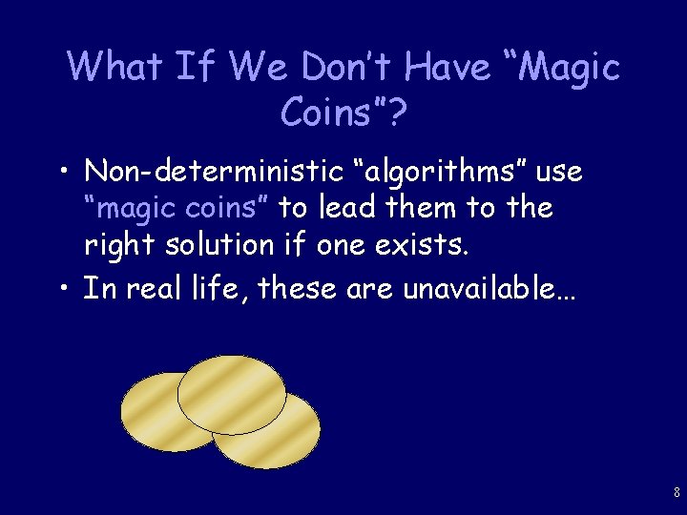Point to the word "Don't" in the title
(351, 68)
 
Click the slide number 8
(677, 493)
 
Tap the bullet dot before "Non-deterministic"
(65, 174)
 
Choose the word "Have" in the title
(450, 68)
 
